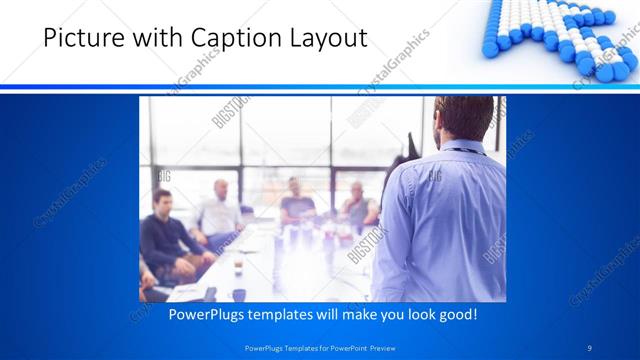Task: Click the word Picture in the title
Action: click(x=56, y=38)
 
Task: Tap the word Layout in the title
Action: click(x=323, y=38)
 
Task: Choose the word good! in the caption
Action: click(x=456, y=314)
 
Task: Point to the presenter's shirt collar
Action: click(x=466, y=149)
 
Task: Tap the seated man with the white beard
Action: click(x=357, y=205)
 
